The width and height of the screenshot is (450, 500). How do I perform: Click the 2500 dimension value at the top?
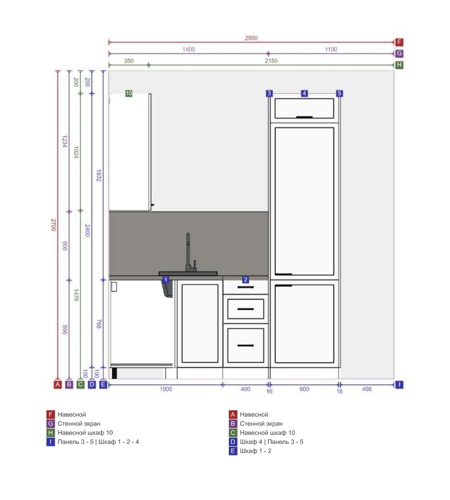tap(251, 38)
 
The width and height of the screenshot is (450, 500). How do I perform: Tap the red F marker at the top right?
tap(399, 42)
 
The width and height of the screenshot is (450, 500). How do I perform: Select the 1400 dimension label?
tap(188, 49)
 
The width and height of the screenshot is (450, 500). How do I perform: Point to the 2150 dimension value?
tap(271, 60)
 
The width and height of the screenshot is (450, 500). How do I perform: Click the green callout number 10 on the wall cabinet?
tap(129, 93)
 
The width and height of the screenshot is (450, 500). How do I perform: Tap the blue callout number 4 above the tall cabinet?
tap(305, 93)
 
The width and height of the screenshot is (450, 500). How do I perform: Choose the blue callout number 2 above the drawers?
tap(245, 279)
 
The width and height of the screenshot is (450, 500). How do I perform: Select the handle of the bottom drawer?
tap(246, 345)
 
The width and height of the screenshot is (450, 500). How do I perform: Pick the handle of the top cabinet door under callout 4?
tap(304, 117)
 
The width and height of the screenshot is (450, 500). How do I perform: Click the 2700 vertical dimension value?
tap(53, 225)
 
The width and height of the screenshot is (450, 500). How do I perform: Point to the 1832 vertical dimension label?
tap(99, 175)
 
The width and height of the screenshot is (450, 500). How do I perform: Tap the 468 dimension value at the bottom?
tap(367, 389)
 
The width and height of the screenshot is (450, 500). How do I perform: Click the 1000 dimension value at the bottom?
tap(166, 389)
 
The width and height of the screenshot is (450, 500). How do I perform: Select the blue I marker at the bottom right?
tap(399, 384)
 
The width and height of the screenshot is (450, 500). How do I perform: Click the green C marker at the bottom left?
tap(80, 384)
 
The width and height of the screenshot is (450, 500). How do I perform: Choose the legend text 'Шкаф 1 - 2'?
tap(255, 451)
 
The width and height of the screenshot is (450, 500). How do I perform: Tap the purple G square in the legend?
tap(50, 423)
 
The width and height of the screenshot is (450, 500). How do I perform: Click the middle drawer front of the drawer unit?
tap(246, 309)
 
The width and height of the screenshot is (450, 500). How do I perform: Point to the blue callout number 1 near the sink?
tap(166, 279)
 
